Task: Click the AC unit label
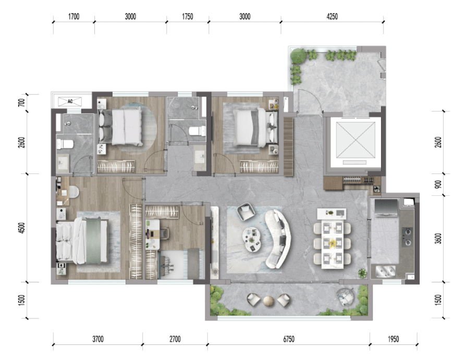(x=70, y=101)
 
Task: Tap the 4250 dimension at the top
(x=332, y=17)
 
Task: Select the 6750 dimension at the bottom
(x=289, y=339)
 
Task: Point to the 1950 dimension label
(x=393, y=339)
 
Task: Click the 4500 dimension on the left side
(x=22, y=228)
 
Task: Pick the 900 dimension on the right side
(x=438, y=184)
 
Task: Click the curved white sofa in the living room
(x=278, y=239)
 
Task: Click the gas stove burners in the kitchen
(x=407, y=237)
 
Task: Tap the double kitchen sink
(x=385, y=271)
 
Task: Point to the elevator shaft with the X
(x=355, y=140)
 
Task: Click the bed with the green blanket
(x=82, y=241)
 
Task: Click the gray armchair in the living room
(x=246, y=212)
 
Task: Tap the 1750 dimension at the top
(x=188, y=17)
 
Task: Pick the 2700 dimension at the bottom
(x=175, y=339)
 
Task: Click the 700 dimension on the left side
(x=22, y=103)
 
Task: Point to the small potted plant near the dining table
(x=362, y=272)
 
